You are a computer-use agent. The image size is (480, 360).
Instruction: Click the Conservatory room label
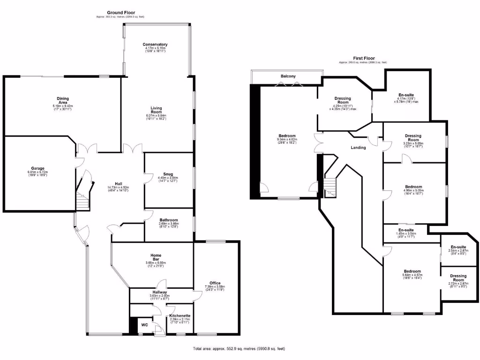tap(155, 45)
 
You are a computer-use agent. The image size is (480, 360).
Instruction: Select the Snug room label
tap(169, 174)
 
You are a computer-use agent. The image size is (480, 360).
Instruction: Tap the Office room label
tap(215, 283)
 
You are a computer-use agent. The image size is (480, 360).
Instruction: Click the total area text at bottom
tap(239, 349)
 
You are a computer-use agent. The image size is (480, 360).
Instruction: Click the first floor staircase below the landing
tap(331, 188)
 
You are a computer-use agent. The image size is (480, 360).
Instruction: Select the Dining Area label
tap(62, 100)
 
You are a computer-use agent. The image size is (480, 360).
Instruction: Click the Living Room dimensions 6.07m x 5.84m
tap(157, 115)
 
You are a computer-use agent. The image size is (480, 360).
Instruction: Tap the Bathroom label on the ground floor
tap(168, 220)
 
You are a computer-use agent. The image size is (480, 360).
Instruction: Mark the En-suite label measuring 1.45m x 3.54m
tap(406, 230)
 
